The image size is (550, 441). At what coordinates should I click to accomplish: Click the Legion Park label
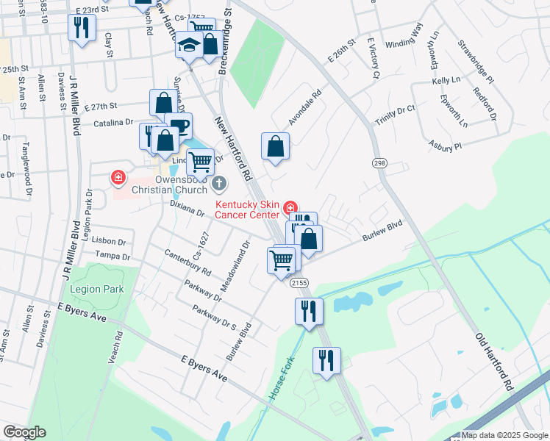click(104, 290)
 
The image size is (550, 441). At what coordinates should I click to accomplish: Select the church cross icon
click(218, 182)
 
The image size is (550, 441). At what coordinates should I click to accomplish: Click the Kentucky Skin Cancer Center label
click(247, 209)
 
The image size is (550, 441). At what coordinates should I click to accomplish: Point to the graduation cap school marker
click(189, 45)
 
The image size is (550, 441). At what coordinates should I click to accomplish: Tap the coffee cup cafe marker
click(177, 125)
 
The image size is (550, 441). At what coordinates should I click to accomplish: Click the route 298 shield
click(379, 162)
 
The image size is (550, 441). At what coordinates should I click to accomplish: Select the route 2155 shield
click(299, 283)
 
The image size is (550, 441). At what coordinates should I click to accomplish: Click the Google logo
click(24, 432)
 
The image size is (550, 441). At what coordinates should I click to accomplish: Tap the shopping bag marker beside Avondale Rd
click(275, 146)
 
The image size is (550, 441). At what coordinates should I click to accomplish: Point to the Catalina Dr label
click(113, 123)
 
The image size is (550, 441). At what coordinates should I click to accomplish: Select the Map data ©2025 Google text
click(504, 435)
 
